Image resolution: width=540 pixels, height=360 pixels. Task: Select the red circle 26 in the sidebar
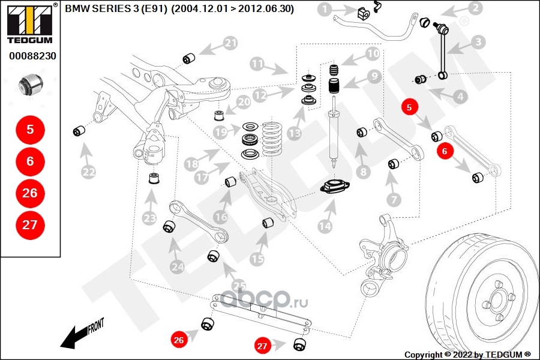coord(29,193)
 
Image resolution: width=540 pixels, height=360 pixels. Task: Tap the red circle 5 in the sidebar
coord(29,128)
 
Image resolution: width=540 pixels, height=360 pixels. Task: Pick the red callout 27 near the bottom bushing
coord(262,346)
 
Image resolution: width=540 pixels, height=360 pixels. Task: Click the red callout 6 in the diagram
coord(445,151)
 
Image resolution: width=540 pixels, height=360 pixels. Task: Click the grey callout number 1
coord(324,9)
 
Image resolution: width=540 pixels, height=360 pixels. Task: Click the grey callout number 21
coord(230,43)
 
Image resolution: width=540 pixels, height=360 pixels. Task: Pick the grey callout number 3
coord(478,41)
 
